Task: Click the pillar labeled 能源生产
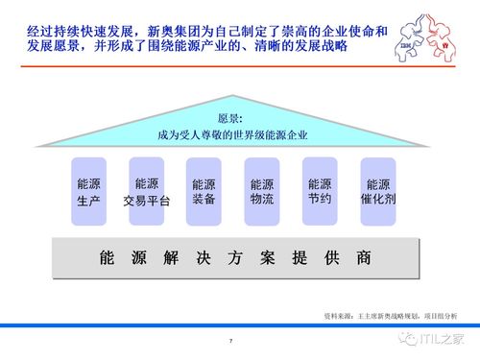pos(89,191)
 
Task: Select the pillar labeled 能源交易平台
pos(147,191)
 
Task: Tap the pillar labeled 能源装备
pos(204,191)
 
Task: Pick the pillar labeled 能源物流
pos(261,191)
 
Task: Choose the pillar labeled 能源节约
pos(320,191)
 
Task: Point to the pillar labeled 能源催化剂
pos(377,191)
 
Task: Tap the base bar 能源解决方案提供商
pos(234,258)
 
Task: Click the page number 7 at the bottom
pos(230,342)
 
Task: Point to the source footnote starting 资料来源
pos(391,315)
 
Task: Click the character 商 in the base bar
pos(362,258)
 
